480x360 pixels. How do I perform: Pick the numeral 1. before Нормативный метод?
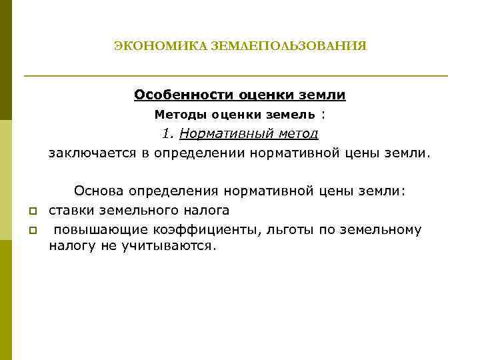tap(168, 133)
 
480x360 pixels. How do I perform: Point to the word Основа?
tap(99, 191)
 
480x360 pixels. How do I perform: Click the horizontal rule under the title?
tap(236, 76)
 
